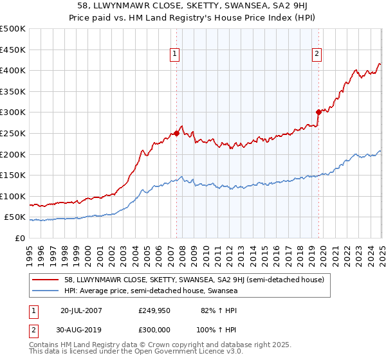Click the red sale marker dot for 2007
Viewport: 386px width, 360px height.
pyautogui.click(x=176, y=134)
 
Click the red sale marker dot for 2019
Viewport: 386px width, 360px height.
pyautogui.click(x=318, y=112)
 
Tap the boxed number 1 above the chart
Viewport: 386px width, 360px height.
pyautogui.click(x=175, y=55)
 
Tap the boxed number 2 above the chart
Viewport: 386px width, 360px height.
pyautogui.click(x=317, y=55)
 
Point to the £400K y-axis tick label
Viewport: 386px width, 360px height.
pyautogui.click(x=14, y=70)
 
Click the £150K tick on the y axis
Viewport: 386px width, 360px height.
pyautogui.click(x=14, y=175)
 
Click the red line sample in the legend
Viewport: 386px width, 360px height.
pyautogui.click(x=45, y=280)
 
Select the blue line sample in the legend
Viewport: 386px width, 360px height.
pyautogui.click(x=45, y=291)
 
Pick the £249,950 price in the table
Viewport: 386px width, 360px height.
pyautogui.click(x=154, y=310)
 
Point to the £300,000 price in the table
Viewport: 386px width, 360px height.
pyautogui.click(x=154, y=329)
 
